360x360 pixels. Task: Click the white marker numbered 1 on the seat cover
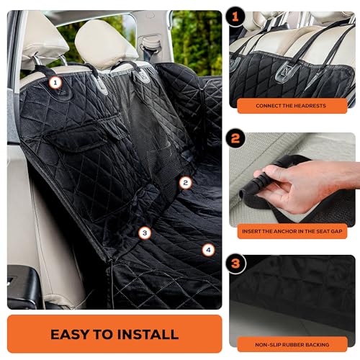pos(55,84)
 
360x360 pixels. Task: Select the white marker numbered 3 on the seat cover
pos(145,233)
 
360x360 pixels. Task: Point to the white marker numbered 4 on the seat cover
pos(208,251)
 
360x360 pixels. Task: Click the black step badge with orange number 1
pos(236,15)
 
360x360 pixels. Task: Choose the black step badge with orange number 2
pos(236,137)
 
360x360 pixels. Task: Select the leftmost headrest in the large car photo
pos(42,43)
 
